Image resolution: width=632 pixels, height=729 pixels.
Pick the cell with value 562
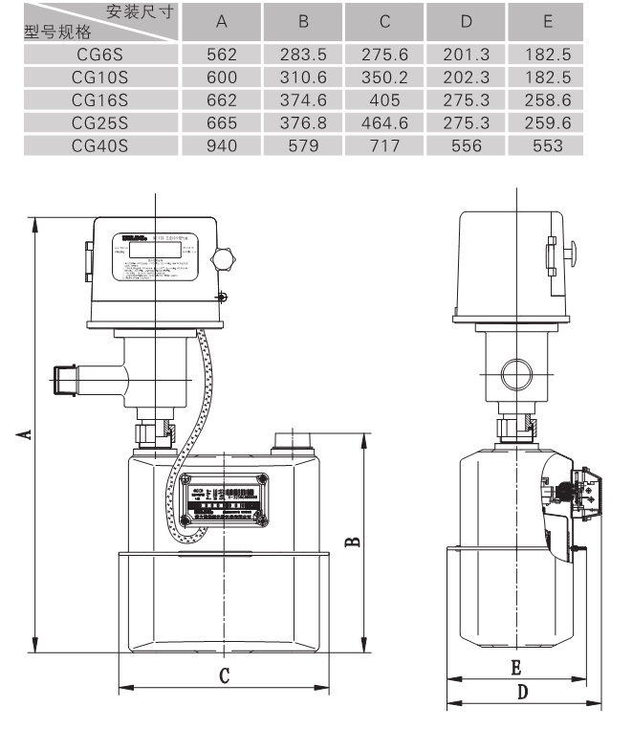222,55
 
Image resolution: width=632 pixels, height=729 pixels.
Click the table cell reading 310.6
303,77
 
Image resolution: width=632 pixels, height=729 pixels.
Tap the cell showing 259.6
548,122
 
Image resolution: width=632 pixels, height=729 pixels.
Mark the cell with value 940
222,145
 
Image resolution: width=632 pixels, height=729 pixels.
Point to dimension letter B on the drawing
352,541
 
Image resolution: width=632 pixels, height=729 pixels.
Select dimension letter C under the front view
224,675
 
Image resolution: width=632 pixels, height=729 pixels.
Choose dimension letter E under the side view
515,666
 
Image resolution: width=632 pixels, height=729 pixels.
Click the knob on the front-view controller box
226,258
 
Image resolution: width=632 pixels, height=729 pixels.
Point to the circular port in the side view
513,371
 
